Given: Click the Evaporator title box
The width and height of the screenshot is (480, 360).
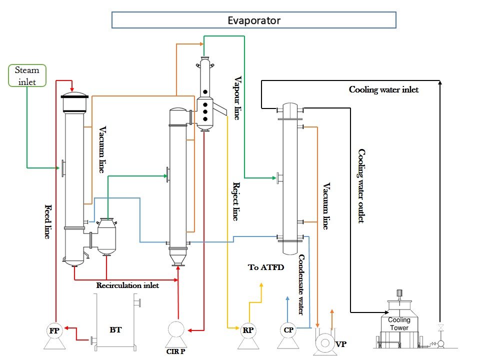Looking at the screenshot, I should point(253,20).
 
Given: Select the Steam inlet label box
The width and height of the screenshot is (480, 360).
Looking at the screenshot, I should point(27,75).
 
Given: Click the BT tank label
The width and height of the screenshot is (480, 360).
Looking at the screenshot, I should point(115,330).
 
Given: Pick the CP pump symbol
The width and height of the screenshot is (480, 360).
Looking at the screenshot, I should point(288,330).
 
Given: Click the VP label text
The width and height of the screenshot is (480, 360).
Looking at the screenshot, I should point(341,344).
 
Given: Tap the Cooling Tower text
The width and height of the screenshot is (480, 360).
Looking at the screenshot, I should point(399,323).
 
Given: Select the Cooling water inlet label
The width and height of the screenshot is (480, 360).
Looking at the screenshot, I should point(383,90).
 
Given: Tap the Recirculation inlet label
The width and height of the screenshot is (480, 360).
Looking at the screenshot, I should point(127,285).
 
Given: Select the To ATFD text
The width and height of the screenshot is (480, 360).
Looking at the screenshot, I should point(266,267).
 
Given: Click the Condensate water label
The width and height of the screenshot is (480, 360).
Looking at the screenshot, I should point(301,285).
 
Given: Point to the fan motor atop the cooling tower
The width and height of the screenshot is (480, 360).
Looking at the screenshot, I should point(399,294).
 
